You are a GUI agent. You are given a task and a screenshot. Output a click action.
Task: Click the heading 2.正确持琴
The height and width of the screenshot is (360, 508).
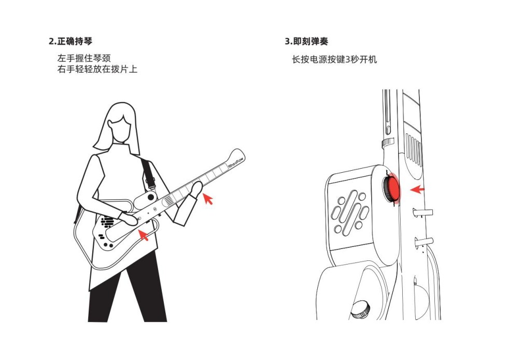[70, 41]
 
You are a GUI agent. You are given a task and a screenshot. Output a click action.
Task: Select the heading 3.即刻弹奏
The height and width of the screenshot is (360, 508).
[306, 41]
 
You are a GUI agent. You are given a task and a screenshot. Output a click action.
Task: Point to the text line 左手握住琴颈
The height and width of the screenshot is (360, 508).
[84, 58]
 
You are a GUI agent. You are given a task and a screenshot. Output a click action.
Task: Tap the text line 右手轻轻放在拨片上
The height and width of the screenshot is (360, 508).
[97, 69]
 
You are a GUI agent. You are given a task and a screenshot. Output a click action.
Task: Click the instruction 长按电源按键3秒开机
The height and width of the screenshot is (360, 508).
[334, 60]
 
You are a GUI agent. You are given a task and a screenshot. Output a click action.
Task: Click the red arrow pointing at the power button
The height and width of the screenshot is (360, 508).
[417, 189]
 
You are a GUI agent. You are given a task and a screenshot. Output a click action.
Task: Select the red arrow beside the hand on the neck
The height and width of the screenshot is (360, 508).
[208, 199]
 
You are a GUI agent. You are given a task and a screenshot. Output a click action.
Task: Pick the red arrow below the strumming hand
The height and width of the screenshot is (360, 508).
[144, 235]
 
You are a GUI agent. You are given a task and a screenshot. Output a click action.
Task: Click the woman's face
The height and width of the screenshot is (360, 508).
[119, 129]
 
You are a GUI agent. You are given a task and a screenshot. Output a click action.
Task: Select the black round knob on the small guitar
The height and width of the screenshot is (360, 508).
[151, 197]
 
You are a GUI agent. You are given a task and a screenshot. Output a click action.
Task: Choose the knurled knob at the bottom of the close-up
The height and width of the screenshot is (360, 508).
[361, 309]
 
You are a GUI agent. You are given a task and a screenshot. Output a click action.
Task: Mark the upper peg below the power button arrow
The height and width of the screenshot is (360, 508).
[423, 213]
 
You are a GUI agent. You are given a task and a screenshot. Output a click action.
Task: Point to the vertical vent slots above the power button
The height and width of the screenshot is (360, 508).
[414, 149]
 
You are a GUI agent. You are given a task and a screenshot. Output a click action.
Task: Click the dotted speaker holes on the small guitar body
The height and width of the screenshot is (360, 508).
[108, 222]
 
